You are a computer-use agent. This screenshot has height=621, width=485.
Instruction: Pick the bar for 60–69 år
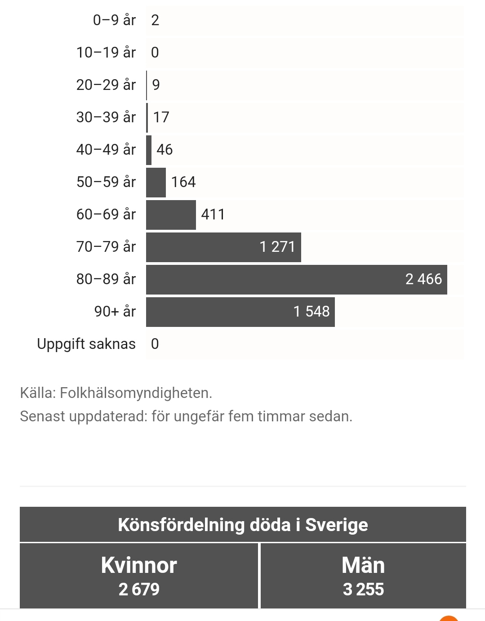pos(171,215)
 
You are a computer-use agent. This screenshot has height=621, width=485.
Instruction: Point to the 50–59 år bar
pos(156,183)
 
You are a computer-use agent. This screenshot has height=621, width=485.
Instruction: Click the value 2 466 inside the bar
pos(423,279)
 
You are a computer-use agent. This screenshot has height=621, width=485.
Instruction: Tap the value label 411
pos(213,214)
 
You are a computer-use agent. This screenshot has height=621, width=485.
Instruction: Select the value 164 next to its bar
pos(183,182)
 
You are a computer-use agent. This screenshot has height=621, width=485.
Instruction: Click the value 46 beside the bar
pos(165,150)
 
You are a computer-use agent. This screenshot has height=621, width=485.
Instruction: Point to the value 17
pos(161,117)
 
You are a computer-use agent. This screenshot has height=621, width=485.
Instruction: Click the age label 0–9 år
pos(114,20)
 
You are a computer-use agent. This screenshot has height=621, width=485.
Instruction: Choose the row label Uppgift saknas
pos(86,344)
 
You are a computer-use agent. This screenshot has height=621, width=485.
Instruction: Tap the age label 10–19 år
pos(106,53)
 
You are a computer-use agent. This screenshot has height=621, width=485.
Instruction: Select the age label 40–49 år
pos(106,150)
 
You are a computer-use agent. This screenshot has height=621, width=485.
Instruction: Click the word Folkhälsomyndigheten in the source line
pos(136,393)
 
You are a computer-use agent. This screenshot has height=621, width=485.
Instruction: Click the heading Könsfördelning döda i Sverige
pos(243,525)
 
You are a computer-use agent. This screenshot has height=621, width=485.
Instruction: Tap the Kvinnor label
pos(139,565)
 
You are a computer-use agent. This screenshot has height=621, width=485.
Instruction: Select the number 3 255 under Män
pos(363,590)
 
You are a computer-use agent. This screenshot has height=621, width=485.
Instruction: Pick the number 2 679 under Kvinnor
pos(139,590)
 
